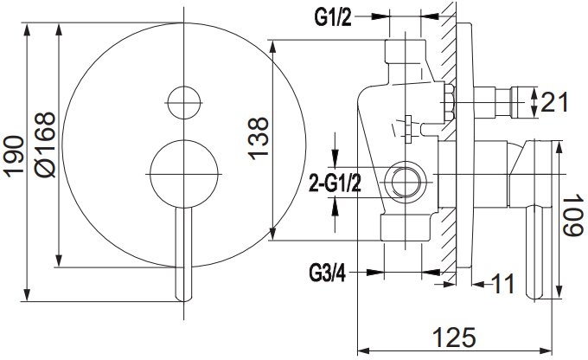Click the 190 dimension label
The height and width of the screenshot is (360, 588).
(x=14, y=156)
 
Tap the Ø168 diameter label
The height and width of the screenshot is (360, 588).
(x=45, y=145)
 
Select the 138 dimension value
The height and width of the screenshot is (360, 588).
(x=259, y=139)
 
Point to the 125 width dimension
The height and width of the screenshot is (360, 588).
(x=454, y=337)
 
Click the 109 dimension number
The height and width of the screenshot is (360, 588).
(x=574, y=215)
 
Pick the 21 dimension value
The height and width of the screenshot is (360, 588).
(x=554, y=101)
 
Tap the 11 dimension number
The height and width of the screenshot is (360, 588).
(x=502, y=284)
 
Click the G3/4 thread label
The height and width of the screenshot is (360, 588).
(x=328, y=273)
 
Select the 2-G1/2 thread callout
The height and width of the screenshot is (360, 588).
(x=335, y=184)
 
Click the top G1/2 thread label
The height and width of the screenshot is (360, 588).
(x=333, y=17)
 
